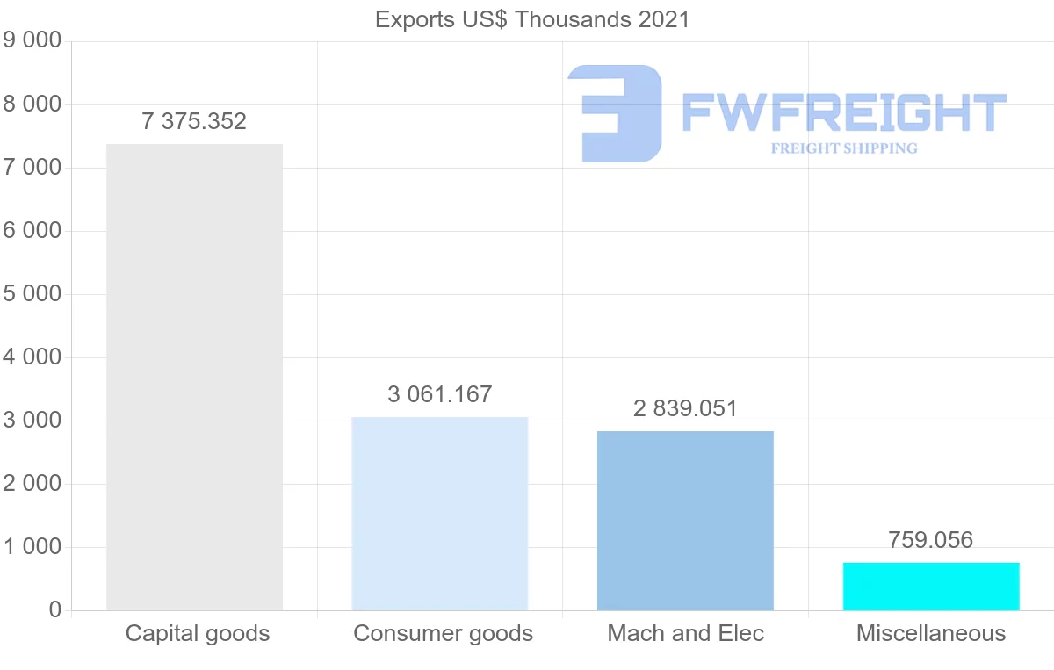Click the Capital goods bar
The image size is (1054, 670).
194,378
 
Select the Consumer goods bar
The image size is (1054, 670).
439,514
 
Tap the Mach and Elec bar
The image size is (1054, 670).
685,521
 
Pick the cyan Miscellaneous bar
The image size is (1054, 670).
931,587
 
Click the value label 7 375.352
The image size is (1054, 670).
194,122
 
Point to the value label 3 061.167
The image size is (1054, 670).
439,395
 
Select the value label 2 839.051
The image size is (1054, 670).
685,408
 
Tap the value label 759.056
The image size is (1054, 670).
931,540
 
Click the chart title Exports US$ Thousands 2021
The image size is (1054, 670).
532,19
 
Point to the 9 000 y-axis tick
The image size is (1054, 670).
32,41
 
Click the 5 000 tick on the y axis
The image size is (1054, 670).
32,294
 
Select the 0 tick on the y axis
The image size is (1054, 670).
55,610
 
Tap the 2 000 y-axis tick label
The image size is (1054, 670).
32,484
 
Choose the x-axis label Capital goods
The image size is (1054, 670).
198,633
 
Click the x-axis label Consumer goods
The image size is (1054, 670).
443,633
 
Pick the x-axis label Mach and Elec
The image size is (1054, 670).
686,633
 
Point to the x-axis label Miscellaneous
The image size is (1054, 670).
931,633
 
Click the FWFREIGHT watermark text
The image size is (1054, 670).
843,112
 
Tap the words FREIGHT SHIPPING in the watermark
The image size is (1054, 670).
843,148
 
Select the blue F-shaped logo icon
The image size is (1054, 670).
615,112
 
